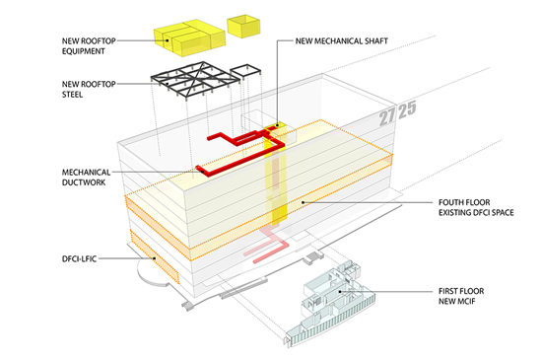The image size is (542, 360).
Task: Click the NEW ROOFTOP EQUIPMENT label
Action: [89, 46]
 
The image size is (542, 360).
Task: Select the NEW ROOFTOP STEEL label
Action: [89, 89]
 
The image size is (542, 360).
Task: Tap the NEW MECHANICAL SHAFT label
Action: [342, 40]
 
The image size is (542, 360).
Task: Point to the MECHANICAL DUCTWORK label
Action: [86, 178]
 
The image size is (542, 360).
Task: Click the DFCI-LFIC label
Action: [79, 258]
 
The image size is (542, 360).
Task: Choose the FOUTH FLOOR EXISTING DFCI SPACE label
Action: [476, 207]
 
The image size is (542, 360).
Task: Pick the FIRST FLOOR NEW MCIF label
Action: [461, 296]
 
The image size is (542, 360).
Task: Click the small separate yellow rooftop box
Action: [243, 26]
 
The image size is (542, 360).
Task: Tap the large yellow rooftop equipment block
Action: [189, 37]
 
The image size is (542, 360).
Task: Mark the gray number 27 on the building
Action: [387, 115]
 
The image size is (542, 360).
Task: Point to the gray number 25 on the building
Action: [407, 109]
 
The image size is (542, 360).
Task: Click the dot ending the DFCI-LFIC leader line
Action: [154, 258]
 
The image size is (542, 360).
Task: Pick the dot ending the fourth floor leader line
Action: [303, 202]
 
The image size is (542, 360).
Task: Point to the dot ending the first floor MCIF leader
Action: [340, 292]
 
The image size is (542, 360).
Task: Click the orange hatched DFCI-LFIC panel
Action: [155, 256]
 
